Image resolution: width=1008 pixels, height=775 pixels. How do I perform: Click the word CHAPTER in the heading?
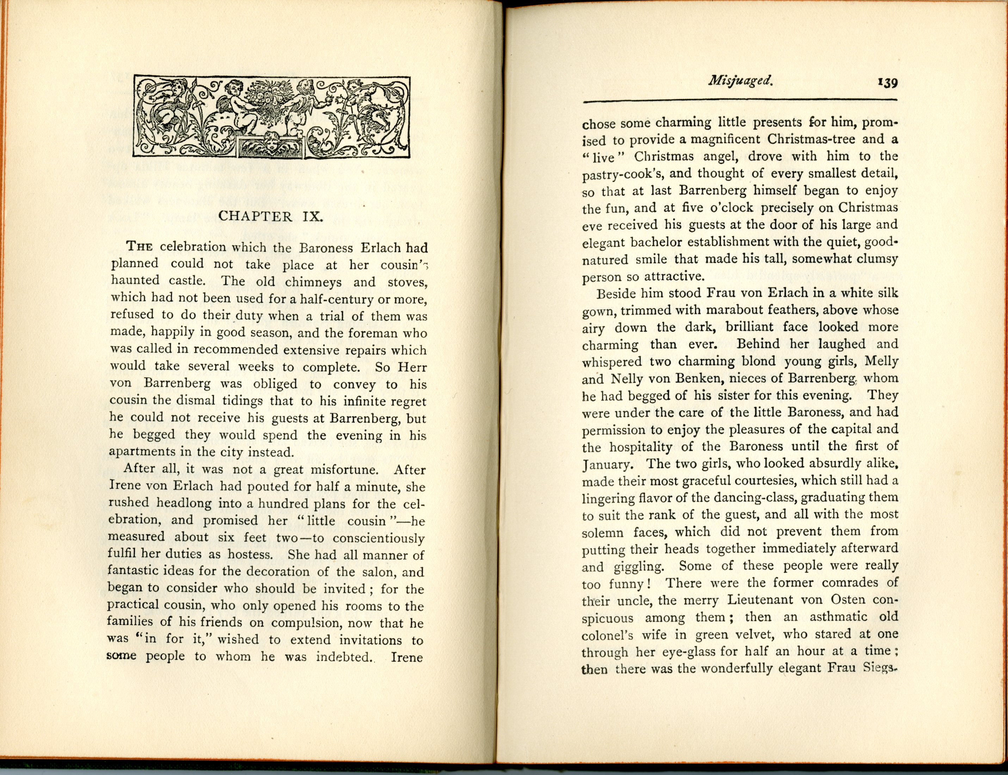point(256,216)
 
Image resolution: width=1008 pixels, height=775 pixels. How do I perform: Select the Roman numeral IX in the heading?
point(313,216)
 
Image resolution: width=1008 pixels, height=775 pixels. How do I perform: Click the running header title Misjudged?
point(740,81)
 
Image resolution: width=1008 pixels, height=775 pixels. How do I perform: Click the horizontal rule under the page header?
point(740,100)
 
